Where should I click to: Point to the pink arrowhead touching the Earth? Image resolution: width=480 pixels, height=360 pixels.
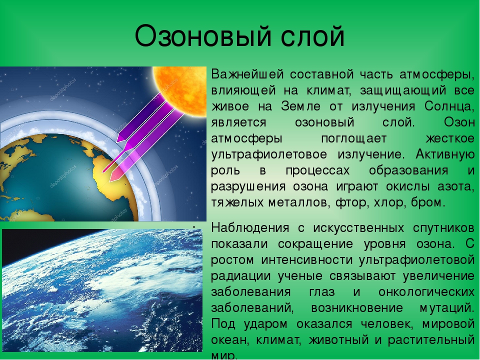pyautogui.click(x=115, y=175)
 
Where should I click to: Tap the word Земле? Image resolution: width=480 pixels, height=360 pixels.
pyautogui.click(x=300, y=106)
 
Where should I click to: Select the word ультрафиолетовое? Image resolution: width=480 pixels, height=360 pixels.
pyautogui.click(x=269, y=154)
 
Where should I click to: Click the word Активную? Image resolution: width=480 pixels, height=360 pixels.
pyautogui.click(x=445, y=154)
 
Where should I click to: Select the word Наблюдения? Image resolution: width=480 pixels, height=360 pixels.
pyautogui.click(x=250, y=228)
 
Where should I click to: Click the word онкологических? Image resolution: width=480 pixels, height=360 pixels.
pyautogui.click(x=426, y=292)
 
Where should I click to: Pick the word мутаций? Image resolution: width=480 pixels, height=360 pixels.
pyautogui.click(x=447, y=308)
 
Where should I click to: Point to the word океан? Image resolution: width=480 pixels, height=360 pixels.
pyautogui.click(x=229, y=340)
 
